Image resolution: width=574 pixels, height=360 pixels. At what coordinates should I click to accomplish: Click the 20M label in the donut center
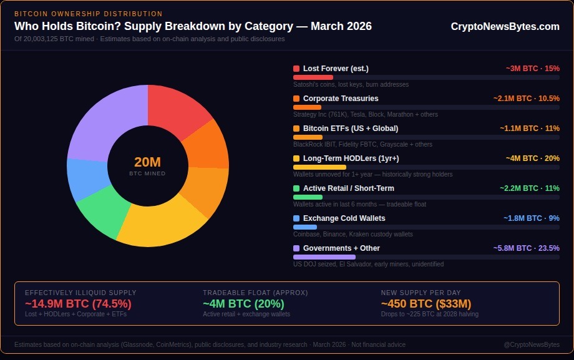tap(147, 162)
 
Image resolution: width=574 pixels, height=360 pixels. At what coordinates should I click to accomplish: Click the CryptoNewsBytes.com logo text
tap(505, 26)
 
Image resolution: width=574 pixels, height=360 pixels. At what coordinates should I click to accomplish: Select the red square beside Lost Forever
tap(296, 69)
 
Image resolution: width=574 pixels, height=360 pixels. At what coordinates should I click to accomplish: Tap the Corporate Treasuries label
tap(341, 99)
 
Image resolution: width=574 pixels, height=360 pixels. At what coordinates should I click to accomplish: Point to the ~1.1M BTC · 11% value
tap(529, 129)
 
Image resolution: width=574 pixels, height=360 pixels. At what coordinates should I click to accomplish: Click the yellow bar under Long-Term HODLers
tap(319, 167)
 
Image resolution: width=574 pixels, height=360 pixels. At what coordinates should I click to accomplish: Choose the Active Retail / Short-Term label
tap(348, 188)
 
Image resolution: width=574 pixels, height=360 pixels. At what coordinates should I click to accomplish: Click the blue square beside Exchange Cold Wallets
tap(296, 218)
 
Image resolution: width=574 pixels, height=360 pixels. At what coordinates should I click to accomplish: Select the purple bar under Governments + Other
tap(324, 257)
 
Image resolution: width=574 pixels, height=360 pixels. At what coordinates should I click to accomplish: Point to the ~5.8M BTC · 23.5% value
tap(526, 248)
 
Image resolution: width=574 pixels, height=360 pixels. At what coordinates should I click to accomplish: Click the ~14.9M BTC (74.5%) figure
tap(78, 304)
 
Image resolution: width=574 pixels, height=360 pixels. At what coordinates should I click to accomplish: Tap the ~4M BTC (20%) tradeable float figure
tap(243, 304)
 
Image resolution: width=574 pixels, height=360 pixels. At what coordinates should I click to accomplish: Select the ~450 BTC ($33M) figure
tap(426, 304)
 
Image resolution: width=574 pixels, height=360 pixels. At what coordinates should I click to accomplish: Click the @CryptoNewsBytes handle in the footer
tap(531, 344)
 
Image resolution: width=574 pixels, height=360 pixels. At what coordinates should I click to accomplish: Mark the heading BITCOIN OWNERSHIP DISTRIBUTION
tap(88, 14)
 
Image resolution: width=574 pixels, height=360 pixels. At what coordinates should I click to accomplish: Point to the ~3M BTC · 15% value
tap(532, 69)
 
